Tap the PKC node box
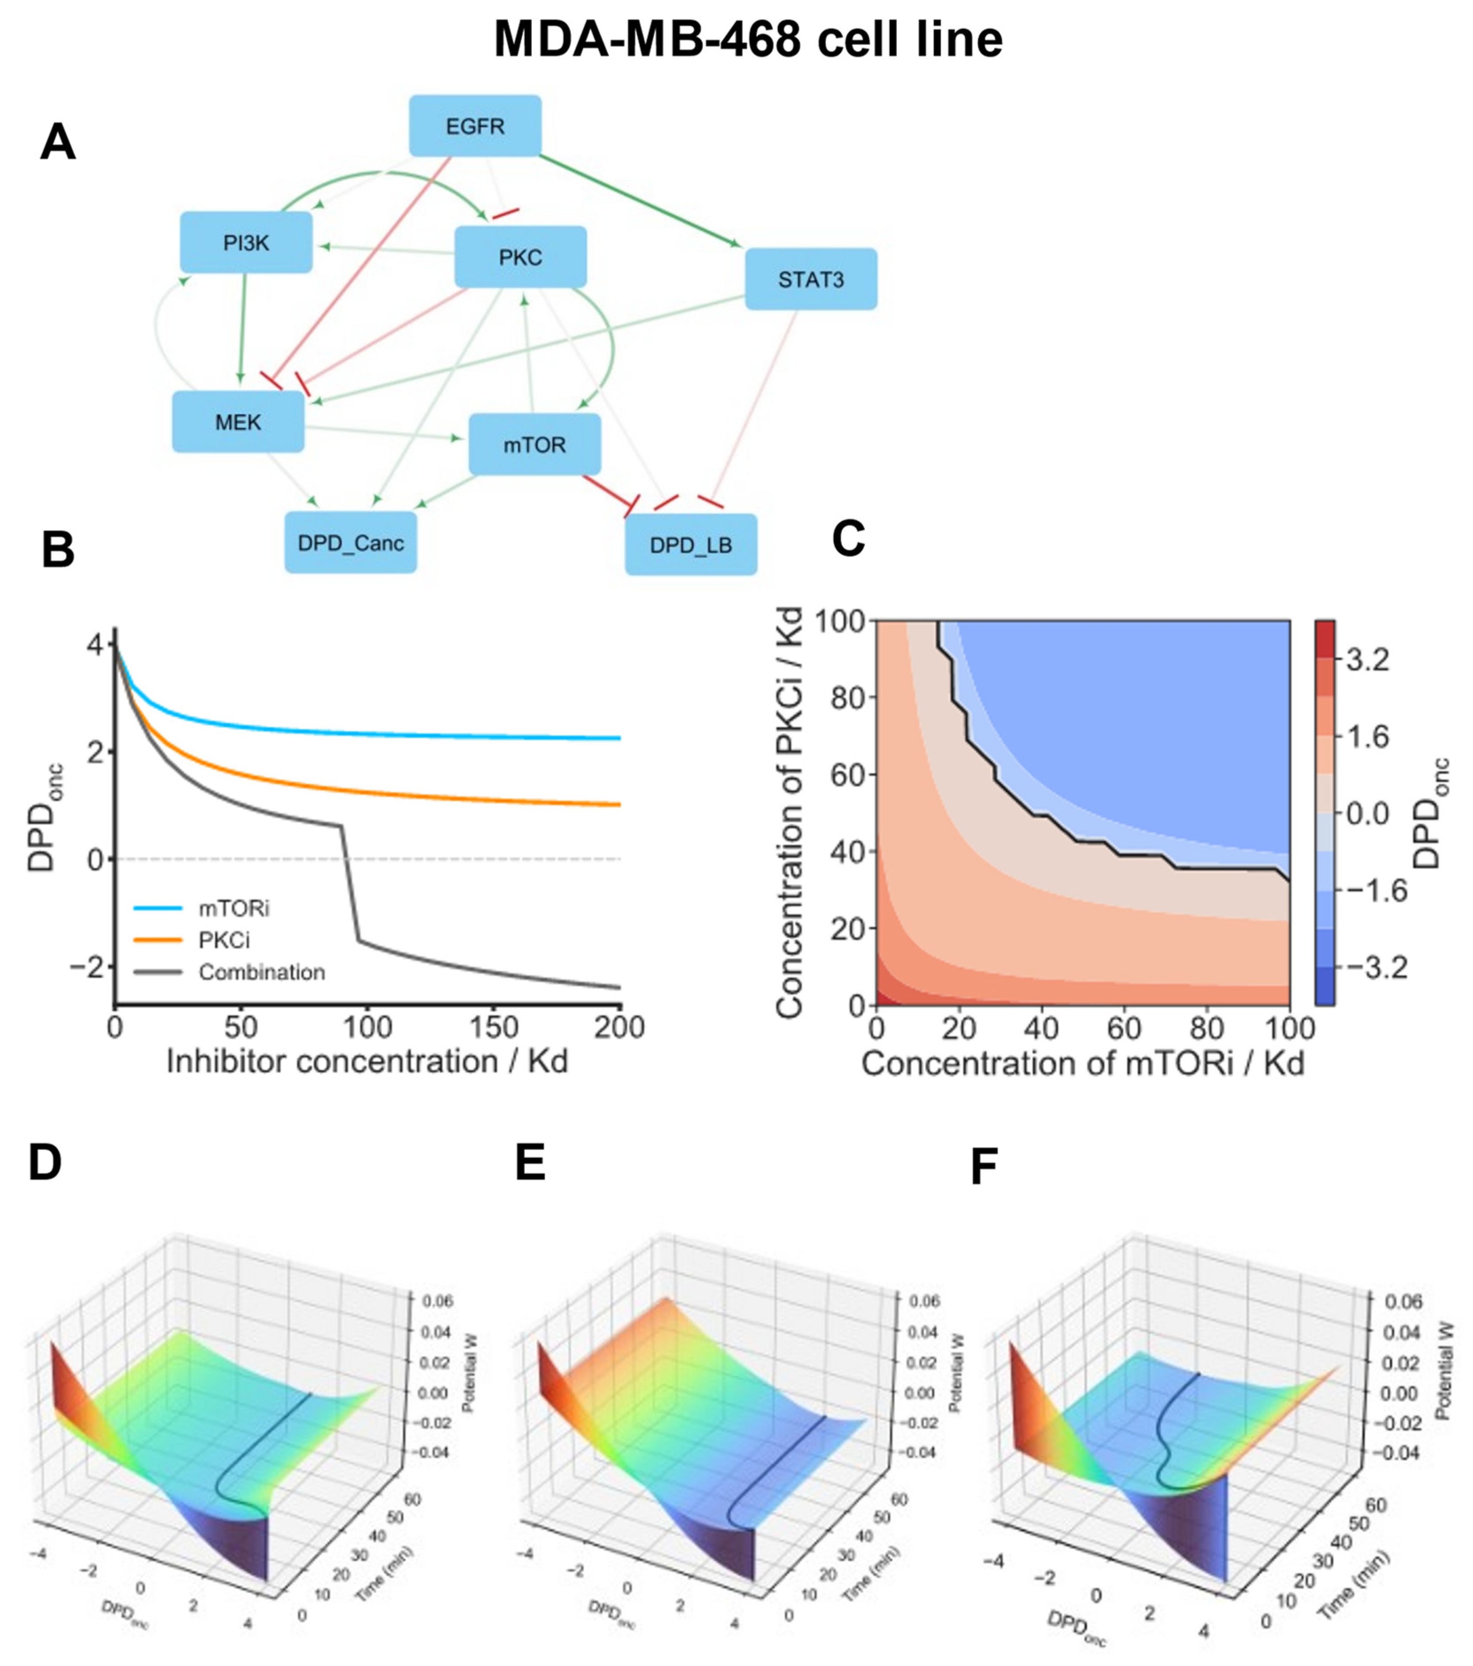click(520, 257)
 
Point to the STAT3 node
click(810, 279)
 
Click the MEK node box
click(238, 422)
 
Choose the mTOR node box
click(534, 444)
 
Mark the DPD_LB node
click(690, 544)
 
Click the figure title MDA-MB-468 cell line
click(748, 39)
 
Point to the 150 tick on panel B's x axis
click(493, 1027)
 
